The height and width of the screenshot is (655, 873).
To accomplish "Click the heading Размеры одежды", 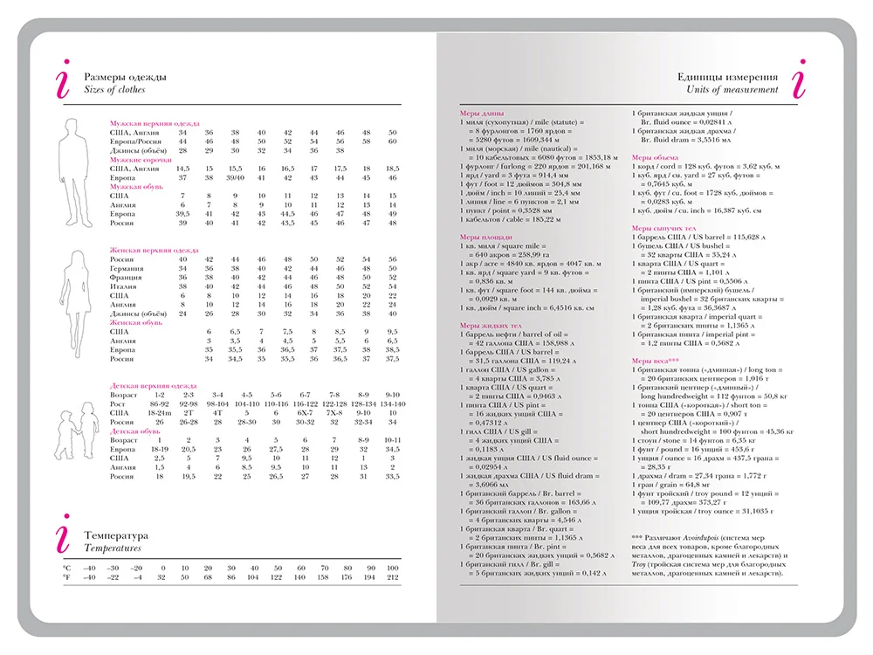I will point(125,77).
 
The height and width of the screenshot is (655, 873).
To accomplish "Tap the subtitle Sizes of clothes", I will point(114,90).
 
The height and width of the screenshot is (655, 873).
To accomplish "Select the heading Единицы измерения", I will point(728,77).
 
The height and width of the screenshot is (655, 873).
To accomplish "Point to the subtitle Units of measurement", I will point(732,90).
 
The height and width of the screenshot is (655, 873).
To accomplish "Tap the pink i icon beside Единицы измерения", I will point(797,79).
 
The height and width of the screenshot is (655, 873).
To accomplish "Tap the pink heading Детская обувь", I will point(134,431).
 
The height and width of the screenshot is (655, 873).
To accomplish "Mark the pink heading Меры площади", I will point(485,237).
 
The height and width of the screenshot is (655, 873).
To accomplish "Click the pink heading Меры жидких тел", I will point(491,325).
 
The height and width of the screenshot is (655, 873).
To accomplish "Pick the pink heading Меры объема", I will point(655,158).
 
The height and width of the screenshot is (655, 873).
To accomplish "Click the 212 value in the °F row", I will point(392,577).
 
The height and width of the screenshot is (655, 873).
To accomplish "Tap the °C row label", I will point(66,568).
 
